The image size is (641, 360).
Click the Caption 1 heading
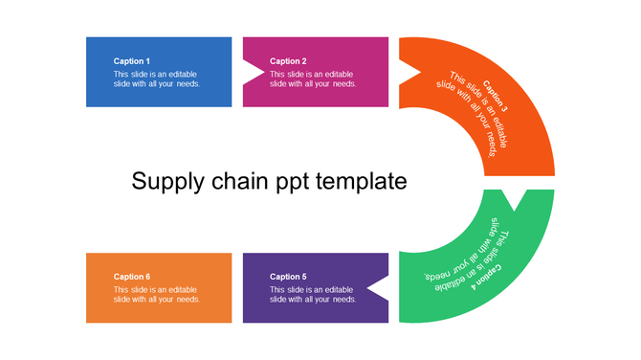(x=132, y=61)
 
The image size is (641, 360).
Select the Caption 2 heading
(x=288, y=61)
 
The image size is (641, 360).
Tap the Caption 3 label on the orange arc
(x=496, y=96)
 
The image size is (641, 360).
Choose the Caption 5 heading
(x=288, y=277)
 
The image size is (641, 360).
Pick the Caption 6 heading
(x=132, y=277)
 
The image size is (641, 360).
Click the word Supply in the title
(x=164, y=181)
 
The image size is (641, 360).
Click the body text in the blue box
(x=156, y=79)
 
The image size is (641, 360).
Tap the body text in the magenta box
(x=313, y=79)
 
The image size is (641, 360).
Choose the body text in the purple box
(x=313, y=294)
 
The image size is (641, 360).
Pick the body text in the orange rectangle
(x=156, y=294)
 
